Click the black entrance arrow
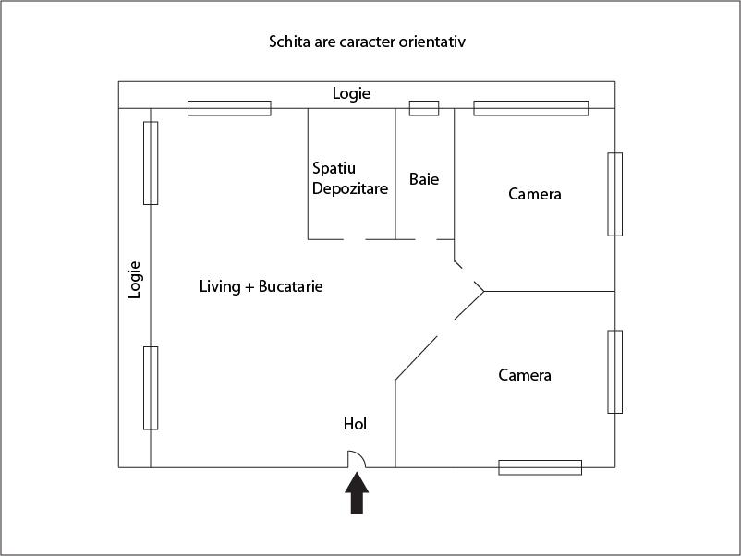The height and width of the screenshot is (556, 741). pyautogui.click(x=357, y=495)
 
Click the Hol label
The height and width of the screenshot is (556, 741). pyautogui.click(x=355, y=424)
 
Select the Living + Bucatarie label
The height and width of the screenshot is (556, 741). pyautogui.click(x=261, y=286)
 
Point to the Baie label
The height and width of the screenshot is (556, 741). pyautogui.click(x=424, y=179)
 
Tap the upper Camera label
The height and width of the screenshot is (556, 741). pyautogui.click(x=535, y=194)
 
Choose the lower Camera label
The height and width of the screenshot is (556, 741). pyautogui.click(x=525, y=375)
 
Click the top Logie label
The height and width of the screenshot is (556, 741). pyautogui.click(x=351, y=93)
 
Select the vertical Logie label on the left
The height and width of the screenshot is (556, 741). pyautogui.click(x=135, y=279)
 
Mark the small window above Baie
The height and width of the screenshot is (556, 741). pyautogui.click(x=424, y=108)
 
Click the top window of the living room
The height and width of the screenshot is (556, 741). pyautogui.click(x=229, y=108)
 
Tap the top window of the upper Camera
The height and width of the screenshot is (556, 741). pyautogui.click(x=530, y=108)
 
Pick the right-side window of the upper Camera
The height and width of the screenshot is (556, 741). pyautogui.click(x=614, y=194)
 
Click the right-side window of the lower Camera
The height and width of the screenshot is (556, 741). pyautogui.click(x=614, y=371)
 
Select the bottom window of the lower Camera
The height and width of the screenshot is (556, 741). pyautogui.click(x=540, y=467)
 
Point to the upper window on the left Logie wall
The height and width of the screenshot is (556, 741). pyautogui.click(x=151, y=163)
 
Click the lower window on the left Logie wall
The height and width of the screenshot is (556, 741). pyautogui.click(x=151, y=388)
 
